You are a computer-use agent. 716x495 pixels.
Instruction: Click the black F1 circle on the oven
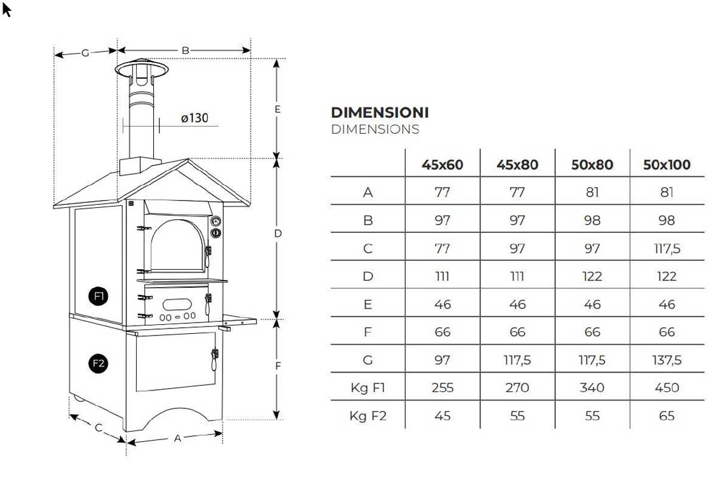tap(98, 296)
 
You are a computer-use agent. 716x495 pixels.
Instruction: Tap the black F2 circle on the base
tap(98, 364)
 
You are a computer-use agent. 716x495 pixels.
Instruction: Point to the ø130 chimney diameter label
tap(195, 118)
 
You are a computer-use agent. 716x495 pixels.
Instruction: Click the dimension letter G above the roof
tap(85, 53)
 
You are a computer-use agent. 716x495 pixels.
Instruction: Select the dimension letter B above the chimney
tap(186, 50)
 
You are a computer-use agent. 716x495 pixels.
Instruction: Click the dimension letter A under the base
tap(178, 438)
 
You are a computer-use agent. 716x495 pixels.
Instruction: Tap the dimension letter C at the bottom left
tap(99, 428)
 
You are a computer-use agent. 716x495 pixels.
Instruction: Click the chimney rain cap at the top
tap(141, 69)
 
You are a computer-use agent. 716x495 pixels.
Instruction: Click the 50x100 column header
tap(667, 165)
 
